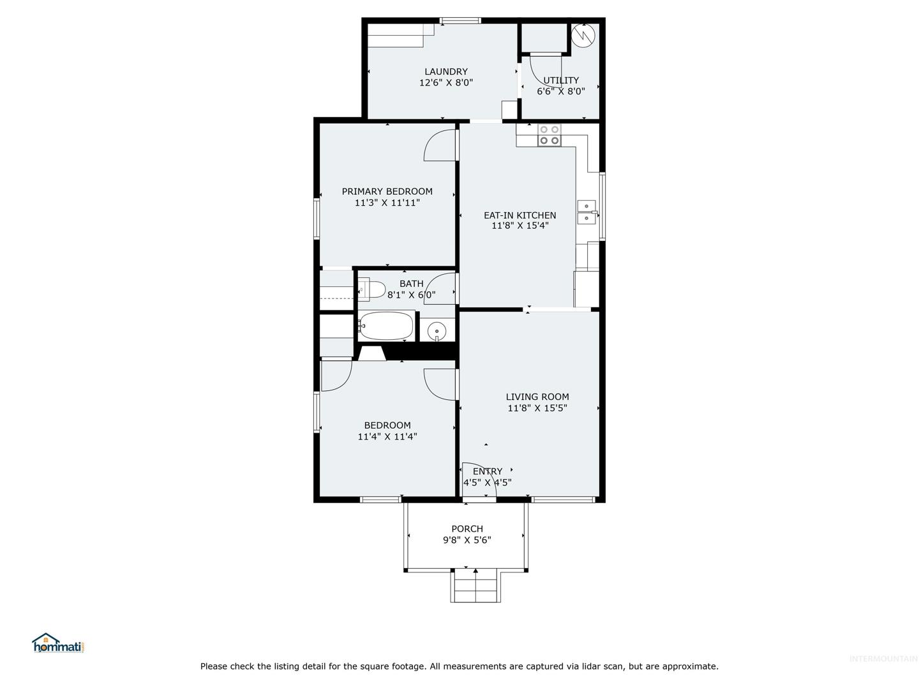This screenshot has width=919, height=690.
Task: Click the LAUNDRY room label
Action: pyautogui.click(x=446, y=72)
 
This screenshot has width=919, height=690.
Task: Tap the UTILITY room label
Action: pyautogui.click(x=560, y=80)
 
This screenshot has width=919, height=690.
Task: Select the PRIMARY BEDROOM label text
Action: pyautogui.click(x=387, y=192)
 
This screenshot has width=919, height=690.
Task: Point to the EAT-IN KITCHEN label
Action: pyautogui.click(x=519, y=215)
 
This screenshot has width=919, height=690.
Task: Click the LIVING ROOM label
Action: pyautogui.click(x=537, y=397)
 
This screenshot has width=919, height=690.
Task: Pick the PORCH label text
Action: pyautogui.click(x=467, y=529)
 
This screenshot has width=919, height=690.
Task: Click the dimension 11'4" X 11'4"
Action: pyautogui.click(x=387, y=436)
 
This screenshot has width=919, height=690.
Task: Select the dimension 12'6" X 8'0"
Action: pyautogui.click(x=446, y=82)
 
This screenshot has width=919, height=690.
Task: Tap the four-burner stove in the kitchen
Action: pyautogui.click(x=549, y=135)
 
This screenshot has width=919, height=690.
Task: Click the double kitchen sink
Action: pyautogui.click(x=587, y=212)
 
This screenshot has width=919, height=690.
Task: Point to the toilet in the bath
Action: pyautogui.click(x=371, y=289)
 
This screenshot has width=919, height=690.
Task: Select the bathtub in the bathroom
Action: pyautogui.click(x=386, y=326)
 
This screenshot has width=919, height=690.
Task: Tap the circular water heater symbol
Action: pyautogui.click(x=583, y=35)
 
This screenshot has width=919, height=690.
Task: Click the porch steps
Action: pyautogui.click(x=475, y=586)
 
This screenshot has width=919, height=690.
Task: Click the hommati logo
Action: pyautogui.click(x=58, y=643)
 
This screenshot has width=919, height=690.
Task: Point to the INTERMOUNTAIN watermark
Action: pyautogui.click(x=883, y=659)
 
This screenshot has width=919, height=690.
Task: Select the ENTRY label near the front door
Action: pyautogui.click(x=488, y=471)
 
